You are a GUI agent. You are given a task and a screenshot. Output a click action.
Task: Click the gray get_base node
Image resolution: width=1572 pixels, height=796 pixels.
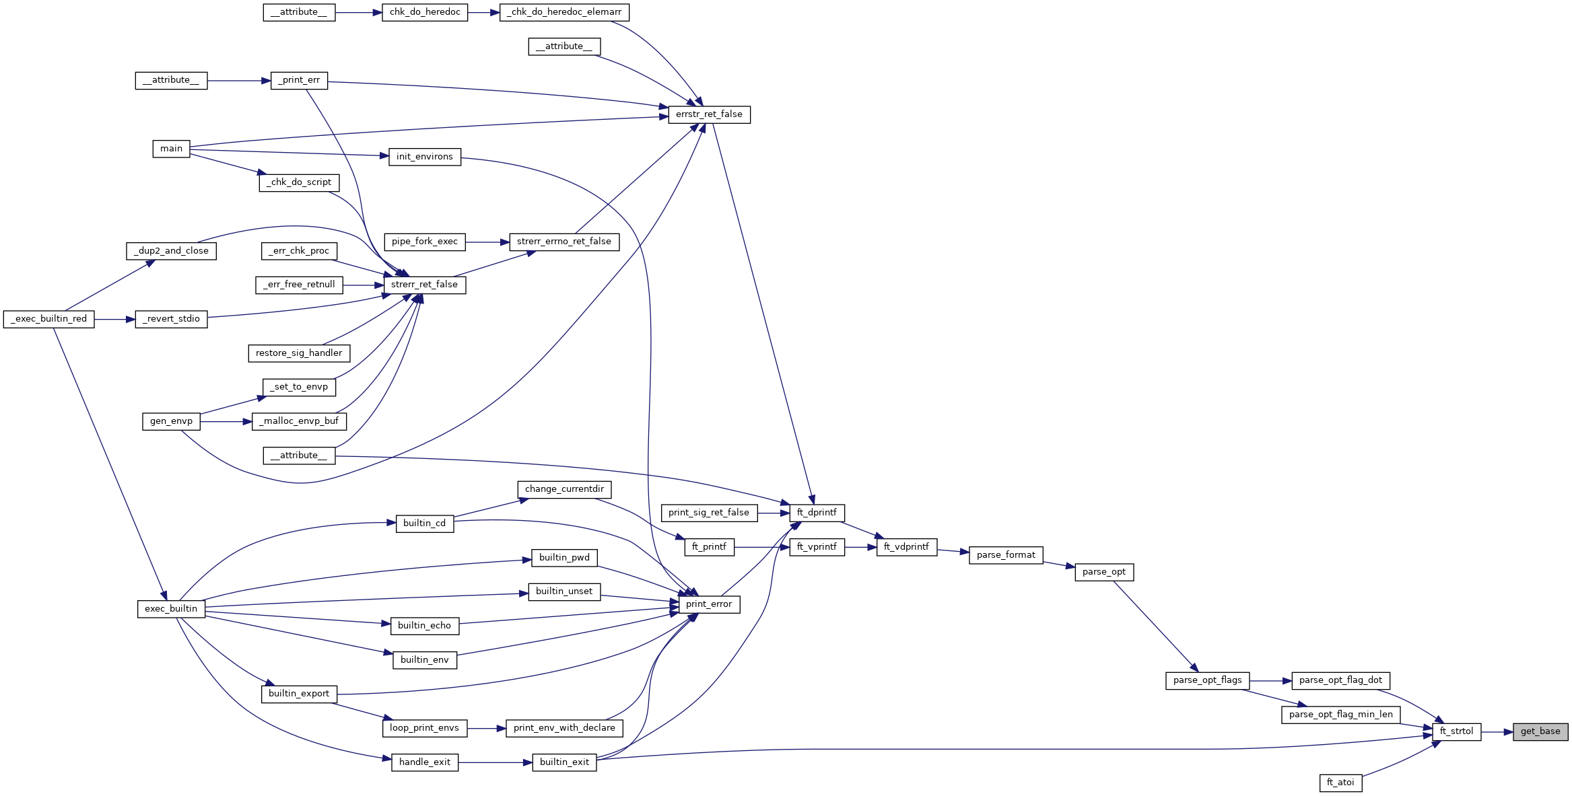click(x=1540, y=731)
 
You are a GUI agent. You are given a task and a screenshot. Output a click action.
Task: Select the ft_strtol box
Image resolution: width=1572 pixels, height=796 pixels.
click(x=1456, y=731)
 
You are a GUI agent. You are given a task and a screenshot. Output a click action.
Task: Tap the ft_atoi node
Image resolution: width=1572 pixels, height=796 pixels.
click(x=1340, y=783)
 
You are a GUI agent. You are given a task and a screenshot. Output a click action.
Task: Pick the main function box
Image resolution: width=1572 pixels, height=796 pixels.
click(x=171, y=149)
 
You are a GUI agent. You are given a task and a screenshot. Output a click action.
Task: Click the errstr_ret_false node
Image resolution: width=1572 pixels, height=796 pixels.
click(x=709, y=114)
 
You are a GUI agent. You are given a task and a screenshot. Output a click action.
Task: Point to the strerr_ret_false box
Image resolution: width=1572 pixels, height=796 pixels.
click(x=424, y=285)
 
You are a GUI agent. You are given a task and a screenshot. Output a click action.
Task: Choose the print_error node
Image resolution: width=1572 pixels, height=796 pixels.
click(x=709, y=604)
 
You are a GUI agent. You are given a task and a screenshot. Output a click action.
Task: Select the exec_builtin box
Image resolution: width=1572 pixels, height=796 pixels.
click(x=171, y=609)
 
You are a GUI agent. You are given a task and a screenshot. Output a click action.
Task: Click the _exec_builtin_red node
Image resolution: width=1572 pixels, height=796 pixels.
click(x=48, y=319)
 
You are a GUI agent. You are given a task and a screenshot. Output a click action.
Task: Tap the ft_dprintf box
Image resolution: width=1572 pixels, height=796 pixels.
click(x=817, y=513)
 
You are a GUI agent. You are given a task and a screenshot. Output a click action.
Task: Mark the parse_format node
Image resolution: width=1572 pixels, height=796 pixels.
click(x=1006, y=555)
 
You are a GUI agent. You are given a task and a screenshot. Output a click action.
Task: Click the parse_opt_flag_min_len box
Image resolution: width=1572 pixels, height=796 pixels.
click(x=1340, y=715)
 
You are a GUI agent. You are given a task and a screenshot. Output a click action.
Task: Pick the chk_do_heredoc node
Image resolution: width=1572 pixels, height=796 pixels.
click(x=425, y=12)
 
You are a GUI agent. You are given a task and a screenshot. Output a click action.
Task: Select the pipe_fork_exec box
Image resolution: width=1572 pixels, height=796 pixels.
click(x=424, y=242)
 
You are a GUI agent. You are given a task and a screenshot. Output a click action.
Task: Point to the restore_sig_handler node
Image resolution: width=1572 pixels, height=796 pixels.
click(x=299, y=353)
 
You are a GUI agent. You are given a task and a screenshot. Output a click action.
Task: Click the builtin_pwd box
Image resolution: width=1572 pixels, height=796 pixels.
click(x=564, y=558)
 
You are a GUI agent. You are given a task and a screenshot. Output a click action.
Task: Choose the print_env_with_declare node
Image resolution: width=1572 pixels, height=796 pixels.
click(x=564, y=728)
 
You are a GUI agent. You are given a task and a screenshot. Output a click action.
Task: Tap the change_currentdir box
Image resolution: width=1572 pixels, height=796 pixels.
click(x=564, y=489)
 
